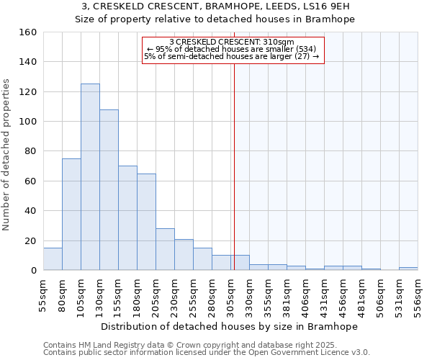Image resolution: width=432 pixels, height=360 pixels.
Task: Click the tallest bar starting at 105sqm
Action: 90,177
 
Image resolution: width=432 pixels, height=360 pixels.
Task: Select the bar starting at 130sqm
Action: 109,190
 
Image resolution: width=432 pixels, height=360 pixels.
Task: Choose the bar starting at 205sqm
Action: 165,249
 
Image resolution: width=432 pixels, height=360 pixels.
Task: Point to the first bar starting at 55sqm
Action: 53,259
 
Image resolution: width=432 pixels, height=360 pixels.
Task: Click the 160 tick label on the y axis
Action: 28,32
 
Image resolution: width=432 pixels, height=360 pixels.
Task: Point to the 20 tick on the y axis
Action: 31,241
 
